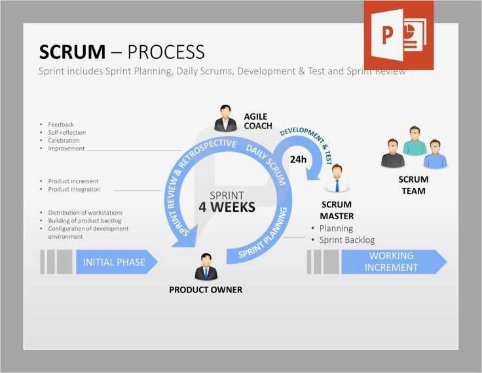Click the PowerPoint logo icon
[398, 35]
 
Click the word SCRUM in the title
[72, 52]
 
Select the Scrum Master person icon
[337, 178]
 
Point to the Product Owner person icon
[205, 266]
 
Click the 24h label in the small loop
[298, 159]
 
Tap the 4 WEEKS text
[227, 207]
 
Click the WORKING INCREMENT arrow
[392, 262]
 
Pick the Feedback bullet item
[61, 124]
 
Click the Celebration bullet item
[64, 141]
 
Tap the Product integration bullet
[74, 189]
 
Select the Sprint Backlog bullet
[346, 240]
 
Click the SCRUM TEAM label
[413, 185]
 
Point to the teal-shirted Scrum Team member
[414, 141]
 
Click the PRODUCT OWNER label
[205, 289]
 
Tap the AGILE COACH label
[258, 121]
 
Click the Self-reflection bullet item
[67, 132]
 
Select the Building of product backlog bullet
[84, 221]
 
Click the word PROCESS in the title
[166, 52]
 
